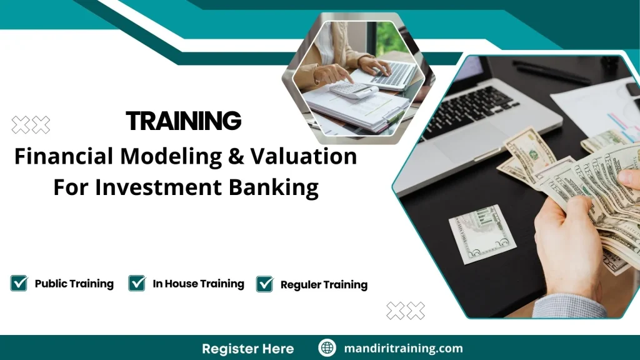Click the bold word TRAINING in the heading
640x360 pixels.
(183, 121)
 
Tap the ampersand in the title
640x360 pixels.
(234, 156)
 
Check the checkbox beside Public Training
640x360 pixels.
(19, 283)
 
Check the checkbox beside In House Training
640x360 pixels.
(137, 283)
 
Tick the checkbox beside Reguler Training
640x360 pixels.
(265, 284)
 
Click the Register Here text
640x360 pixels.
(247, 348)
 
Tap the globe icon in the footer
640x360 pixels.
(327, 348)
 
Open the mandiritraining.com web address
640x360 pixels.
(404, 348)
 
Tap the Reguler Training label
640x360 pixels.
(324, 284)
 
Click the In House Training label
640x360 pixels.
(198, 284)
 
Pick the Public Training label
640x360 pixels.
(74, 284)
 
